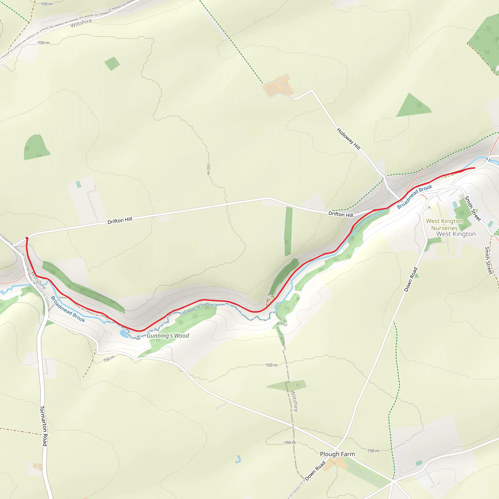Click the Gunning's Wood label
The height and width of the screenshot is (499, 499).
(168, 336)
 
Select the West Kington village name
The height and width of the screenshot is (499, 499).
(456, 234)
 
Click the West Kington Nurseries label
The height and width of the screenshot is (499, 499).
(444, 224)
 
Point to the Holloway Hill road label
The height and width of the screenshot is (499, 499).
(348, 139)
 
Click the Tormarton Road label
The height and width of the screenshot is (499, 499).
(43, 426)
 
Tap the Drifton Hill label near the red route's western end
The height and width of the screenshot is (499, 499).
(120, 220)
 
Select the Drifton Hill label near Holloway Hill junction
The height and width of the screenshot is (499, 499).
(341, 214)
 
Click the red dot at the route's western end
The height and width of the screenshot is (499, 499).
(27, 238)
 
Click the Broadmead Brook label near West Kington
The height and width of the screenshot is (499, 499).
(414, 197)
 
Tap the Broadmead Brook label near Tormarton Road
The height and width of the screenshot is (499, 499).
(68, 309)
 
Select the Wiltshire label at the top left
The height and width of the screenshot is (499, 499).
(81, 23)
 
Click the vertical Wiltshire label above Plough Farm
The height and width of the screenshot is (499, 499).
(294, 401)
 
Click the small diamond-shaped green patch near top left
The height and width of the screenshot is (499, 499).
(112, 63)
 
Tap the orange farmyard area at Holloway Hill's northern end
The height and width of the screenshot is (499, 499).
(278, 86)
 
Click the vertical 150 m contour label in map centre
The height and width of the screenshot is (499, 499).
(208, 169)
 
